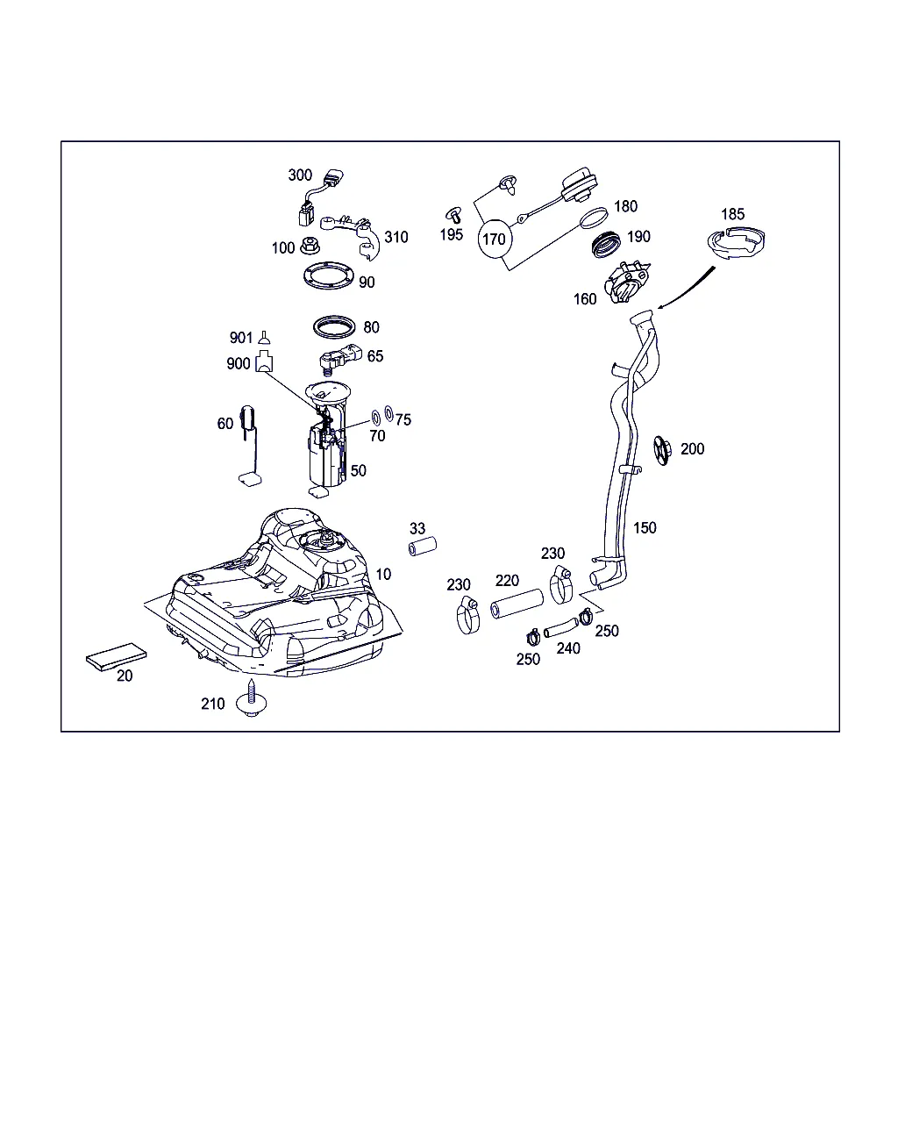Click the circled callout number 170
(495, 239)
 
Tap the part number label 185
(732, 214)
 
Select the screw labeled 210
(253, 701)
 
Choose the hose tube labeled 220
(517, 605)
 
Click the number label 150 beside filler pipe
(645, 527)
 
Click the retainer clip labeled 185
(739, 243)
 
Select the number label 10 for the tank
(383, 574)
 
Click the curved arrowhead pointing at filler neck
(660, 306)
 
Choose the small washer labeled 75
(388, 414)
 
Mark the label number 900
(239, 363)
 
